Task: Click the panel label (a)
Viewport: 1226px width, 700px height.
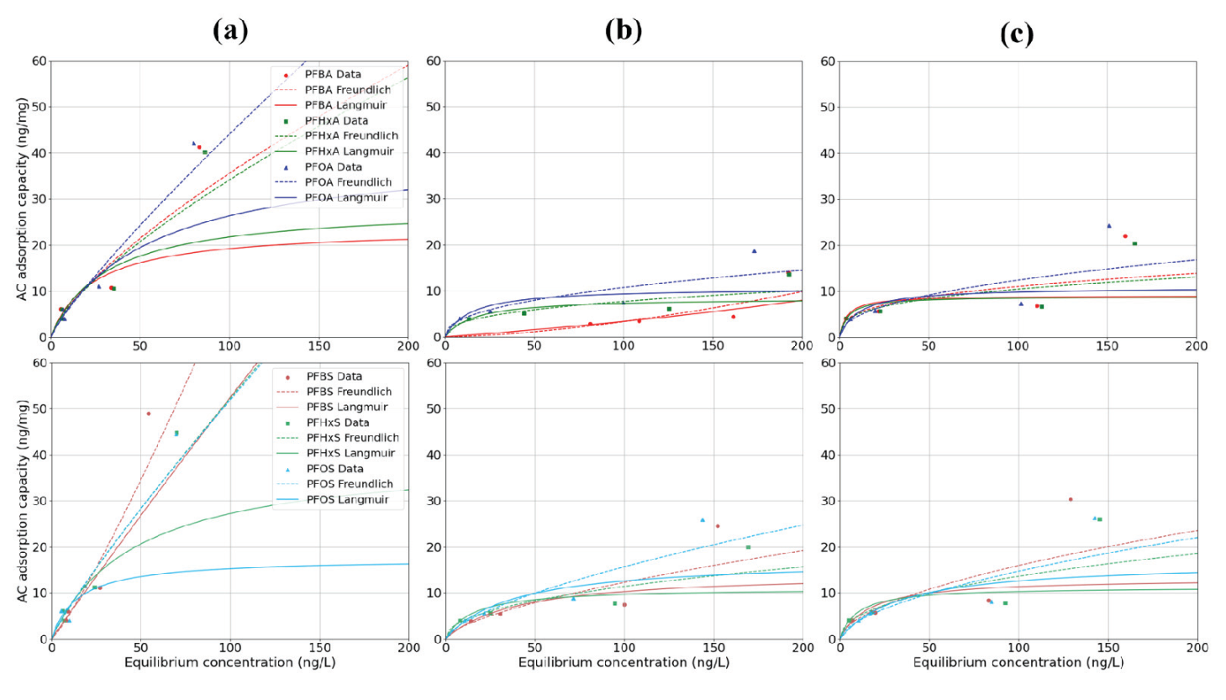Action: pyautogui.click(x=229, y=31)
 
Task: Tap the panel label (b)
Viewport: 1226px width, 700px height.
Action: pyautogui.click(x=623, y=31)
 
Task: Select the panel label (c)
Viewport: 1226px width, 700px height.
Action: pyautogui.click(x=1016, y=34)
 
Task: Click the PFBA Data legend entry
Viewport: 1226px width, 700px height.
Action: pyautogui.click(x=332, y=75)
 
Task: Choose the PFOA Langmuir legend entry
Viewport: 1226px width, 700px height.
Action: pyautogui.click(x=345, y=197)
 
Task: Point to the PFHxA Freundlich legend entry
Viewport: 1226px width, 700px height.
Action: pyautogui.click(x=350, y=135)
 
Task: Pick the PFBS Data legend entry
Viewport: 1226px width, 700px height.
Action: pyautogui.click(x=334, y=376)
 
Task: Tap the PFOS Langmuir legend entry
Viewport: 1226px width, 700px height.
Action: pyautogui.click(x=347, y=499)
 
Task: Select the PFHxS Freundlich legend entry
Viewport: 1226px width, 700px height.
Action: pyautogui.click(x=352, y=438)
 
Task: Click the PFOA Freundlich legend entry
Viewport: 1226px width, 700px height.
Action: pyautogui.click(x=348, y=182)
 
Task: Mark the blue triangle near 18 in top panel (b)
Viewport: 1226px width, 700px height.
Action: pyautogui.click(x=754, y=250)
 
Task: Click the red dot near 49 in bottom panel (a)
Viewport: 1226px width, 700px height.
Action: pyautogui.click(x=149, y=413)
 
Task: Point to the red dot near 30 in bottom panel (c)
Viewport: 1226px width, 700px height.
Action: pyautogui.click(x=1070, y=499)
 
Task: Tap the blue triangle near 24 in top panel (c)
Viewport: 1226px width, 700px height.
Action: pyautogui.click(x=1108, y=225)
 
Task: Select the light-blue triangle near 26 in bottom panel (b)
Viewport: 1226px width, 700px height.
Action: pyautogui.click(x=702, y=519)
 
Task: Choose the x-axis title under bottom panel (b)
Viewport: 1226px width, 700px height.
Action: pyautogui.click(x=624, y=663)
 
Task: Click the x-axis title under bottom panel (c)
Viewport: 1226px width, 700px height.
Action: pyautogui.click(x=1018, y=663)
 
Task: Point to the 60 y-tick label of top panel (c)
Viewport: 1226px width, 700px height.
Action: pyautogui.click(x=828, y=61)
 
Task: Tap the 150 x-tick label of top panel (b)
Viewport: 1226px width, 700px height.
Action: pyautogui.click(x=713, y=346)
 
